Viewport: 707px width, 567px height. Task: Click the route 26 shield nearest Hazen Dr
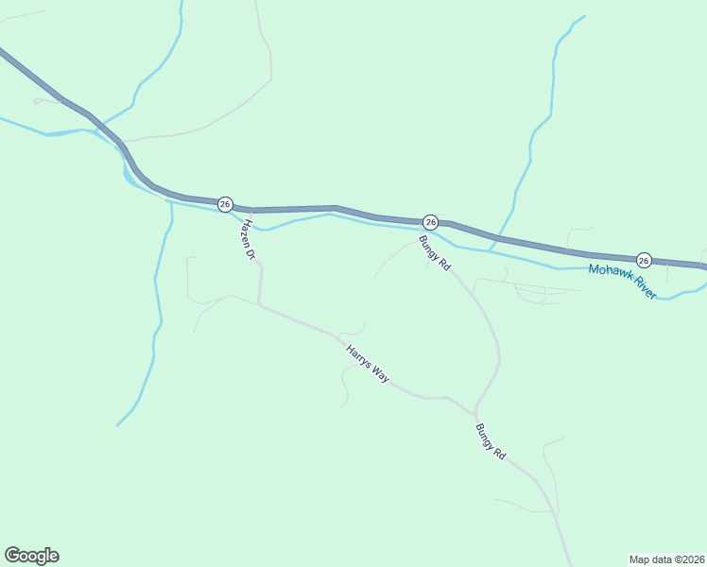(x=225, y=204)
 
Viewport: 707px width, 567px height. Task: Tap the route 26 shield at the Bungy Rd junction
(x=430, y=222)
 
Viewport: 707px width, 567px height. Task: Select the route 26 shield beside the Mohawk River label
(x=644, y=260)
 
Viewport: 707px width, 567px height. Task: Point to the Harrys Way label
(x=367, y=363)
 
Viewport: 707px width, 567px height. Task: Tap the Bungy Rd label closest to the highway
(x=434, y=253)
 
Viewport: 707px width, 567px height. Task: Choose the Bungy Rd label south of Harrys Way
(x=491, y=441)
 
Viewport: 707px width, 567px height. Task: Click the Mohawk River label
(x=622, y=282)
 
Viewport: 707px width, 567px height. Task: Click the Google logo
(x=31, y=556)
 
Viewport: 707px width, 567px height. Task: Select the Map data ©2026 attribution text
(x=666, y=558)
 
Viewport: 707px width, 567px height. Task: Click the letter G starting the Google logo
(x=12, y=556)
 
